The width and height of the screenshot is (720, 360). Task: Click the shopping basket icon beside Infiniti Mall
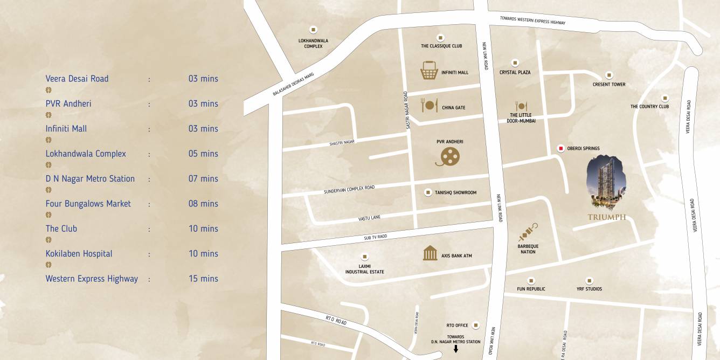tap(429, 71)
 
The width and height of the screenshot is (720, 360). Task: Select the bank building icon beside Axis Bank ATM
tap(430, 253)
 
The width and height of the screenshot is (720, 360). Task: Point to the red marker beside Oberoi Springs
tap(561, 148)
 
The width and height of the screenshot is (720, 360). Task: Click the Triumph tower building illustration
tap(606, 182)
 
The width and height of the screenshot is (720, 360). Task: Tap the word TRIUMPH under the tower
tap(607, 217)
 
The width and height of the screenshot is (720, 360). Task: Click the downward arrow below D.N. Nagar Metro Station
tap(456, 349)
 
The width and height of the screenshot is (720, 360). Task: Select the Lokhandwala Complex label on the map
tap(313, 43)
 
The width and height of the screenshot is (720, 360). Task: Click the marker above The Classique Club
tap(441, 37)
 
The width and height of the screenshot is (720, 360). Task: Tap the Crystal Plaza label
tap(515, 72)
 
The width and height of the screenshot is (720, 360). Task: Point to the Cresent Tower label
tap(609, 85)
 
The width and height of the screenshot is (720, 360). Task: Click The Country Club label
tap(649, 107)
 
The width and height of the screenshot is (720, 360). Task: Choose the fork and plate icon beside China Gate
tap(430, 105)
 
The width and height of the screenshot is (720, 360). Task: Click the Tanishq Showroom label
tap(455, 192)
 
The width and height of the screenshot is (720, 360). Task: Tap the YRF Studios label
tap(589, 289)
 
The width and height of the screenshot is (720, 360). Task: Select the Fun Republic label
tap(531, 289)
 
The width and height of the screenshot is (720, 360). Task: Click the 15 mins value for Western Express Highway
tap(203, 279)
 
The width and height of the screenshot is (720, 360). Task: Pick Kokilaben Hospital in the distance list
tap(79, 254)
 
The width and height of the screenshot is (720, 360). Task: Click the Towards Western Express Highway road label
tap(532, 20)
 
